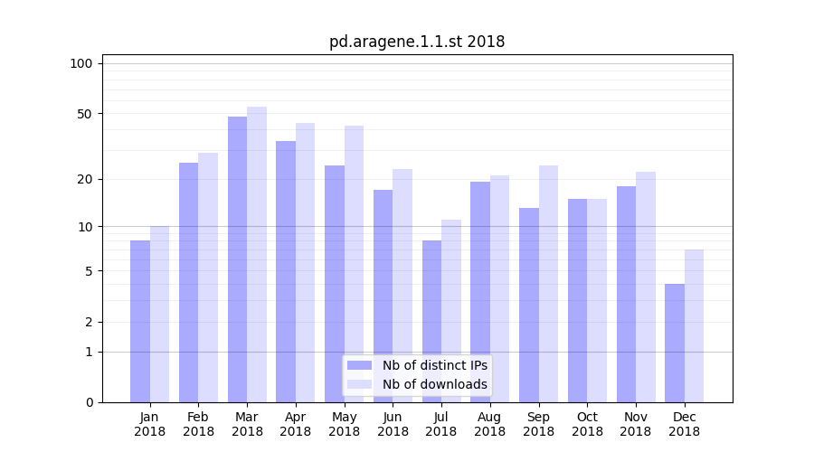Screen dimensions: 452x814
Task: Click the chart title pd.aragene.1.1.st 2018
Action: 417,42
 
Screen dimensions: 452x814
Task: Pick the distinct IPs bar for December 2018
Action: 675,343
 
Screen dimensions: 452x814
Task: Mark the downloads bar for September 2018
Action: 548,284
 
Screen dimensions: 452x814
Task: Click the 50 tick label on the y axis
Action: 85,114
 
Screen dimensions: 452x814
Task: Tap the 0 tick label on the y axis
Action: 89,402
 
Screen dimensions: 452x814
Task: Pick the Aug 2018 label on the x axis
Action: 489,424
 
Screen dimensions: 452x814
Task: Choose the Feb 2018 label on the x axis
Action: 198,424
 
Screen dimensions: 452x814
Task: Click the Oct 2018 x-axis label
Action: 587,424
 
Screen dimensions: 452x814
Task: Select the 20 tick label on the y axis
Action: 85,179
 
